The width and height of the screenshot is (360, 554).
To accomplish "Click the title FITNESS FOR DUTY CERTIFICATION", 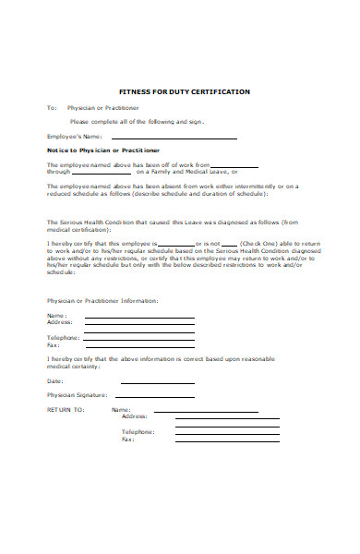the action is click(179, 92).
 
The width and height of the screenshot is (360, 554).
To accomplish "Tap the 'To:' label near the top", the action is click(52, 108).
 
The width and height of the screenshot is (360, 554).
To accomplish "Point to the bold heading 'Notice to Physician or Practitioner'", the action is click(102, 150).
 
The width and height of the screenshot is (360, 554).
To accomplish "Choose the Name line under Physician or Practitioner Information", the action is click(139, 318).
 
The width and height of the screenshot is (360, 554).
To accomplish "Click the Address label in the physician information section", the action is click(59, 322).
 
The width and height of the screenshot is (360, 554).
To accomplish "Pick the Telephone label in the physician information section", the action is click(63, 337).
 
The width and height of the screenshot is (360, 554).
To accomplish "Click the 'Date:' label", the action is click(55, 380).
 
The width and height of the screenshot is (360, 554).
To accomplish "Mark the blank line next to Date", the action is click(139, 382).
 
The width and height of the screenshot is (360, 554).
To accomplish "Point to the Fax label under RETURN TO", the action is click(127, 440).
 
